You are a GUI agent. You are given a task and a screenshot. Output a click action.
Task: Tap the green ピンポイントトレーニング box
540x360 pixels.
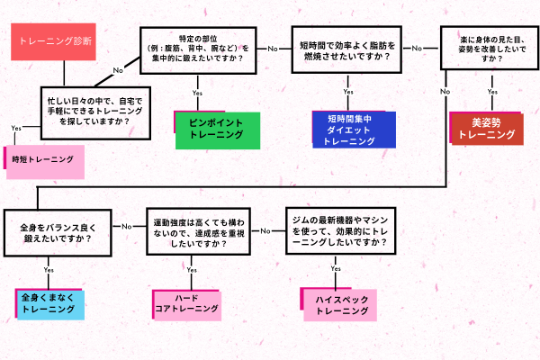(x=217, y=128)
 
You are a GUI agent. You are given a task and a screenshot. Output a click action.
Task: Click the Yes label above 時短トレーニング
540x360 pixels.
(x=16, y=129)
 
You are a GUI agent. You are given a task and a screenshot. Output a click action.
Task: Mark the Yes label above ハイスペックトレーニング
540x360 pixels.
(x=336, y=268)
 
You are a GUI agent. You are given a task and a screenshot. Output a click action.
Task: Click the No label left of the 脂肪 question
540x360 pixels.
(x=272, y=47)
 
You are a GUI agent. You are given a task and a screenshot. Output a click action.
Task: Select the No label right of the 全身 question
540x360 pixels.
(x=129, y=225)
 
